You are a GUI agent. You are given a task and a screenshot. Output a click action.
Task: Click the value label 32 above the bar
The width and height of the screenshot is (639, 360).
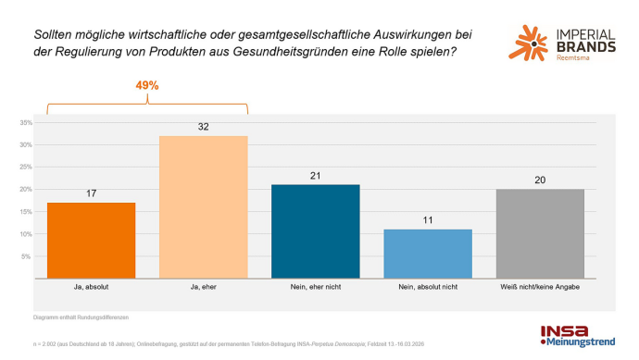[204, 126]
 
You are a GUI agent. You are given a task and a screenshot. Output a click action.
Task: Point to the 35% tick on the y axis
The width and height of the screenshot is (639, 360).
[26, 122]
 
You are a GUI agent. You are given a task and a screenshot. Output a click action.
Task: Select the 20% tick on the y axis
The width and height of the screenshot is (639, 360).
[26, 190]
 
